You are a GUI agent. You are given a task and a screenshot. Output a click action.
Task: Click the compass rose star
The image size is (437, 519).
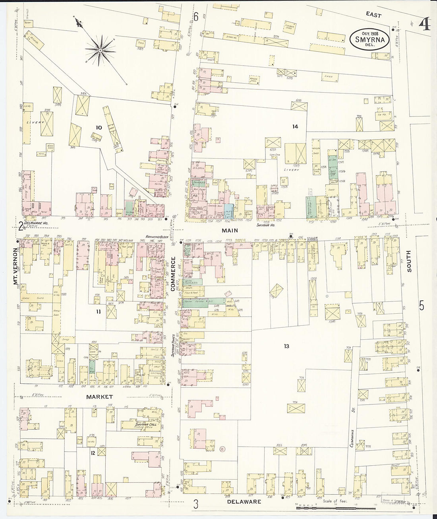coord(101,50)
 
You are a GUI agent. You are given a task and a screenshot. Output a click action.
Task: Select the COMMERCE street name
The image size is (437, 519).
coord(173,275)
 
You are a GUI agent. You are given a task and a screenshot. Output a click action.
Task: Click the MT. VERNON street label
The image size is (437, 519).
coord(16,267)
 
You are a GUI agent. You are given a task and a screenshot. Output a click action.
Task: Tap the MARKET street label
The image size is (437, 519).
coord(100,397)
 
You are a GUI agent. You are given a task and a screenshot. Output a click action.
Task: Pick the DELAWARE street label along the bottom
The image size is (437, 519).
coord(244,502)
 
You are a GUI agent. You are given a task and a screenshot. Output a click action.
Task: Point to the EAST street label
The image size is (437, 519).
coord(373,16)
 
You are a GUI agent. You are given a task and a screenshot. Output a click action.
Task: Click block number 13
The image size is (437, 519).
coord(286,346)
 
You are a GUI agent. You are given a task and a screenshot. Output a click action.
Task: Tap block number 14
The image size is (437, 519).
coord(295,126)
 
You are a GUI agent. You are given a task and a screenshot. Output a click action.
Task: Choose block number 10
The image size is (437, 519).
coord(99,127)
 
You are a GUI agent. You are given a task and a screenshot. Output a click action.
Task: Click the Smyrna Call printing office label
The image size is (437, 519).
coord(145,426)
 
